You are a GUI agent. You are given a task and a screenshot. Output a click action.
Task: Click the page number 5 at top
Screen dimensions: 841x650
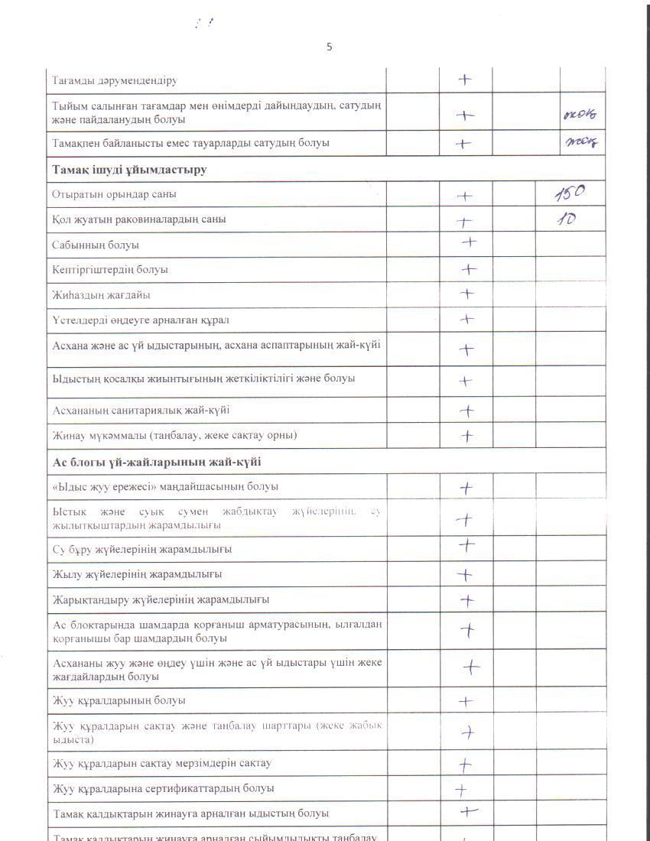(330, 47)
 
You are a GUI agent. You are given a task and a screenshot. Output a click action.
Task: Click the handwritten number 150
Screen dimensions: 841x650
(569, 193)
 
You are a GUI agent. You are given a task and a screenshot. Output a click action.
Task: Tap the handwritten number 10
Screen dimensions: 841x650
(566, 219)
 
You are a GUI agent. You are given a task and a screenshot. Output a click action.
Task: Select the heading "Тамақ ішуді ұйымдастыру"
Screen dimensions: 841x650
(129, 169)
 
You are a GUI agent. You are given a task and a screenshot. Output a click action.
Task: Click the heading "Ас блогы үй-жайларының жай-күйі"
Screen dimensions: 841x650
(157, 462)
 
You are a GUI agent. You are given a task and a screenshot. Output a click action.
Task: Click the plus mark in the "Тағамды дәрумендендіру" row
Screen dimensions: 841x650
(464, 80)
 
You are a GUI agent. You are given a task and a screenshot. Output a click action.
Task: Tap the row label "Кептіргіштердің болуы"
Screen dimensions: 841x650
(110, 270)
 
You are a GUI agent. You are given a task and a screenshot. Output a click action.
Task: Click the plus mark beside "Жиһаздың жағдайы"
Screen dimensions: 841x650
(466, 294)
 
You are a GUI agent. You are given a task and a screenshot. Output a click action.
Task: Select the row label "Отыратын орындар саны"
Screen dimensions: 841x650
(114, 194)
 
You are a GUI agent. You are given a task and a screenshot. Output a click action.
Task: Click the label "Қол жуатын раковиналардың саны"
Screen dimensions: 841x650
(138, 219)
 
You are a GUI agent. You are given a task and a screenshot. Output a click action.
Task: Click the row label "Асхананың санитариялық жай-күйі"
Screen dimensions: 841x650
(141, 411)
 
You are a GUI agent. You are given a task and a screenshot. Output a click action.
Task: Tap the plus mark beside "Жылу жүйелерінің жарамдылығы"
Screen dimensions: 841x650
(465, 575)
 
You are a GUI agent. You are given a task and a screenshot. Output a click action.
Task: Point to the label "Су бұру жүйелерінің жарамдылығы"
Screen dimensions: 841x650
(142, 550)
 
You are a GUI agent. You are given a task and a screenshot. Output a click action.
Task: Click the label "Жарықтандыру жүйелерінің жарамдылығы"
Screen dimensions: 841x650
(161, 599)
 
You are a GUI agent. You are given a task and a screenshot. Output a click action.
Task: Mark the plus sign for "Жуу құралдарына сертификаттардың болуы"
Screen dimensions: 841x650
(461, 790)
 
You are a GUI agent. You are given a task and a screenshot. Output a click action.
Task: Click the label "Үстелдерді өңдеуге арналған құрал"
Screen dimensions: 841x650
(141, 320)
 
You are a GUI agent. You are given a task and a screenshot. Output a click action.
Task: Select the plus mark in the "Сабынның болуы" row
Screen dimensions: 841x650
(469, 243)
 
